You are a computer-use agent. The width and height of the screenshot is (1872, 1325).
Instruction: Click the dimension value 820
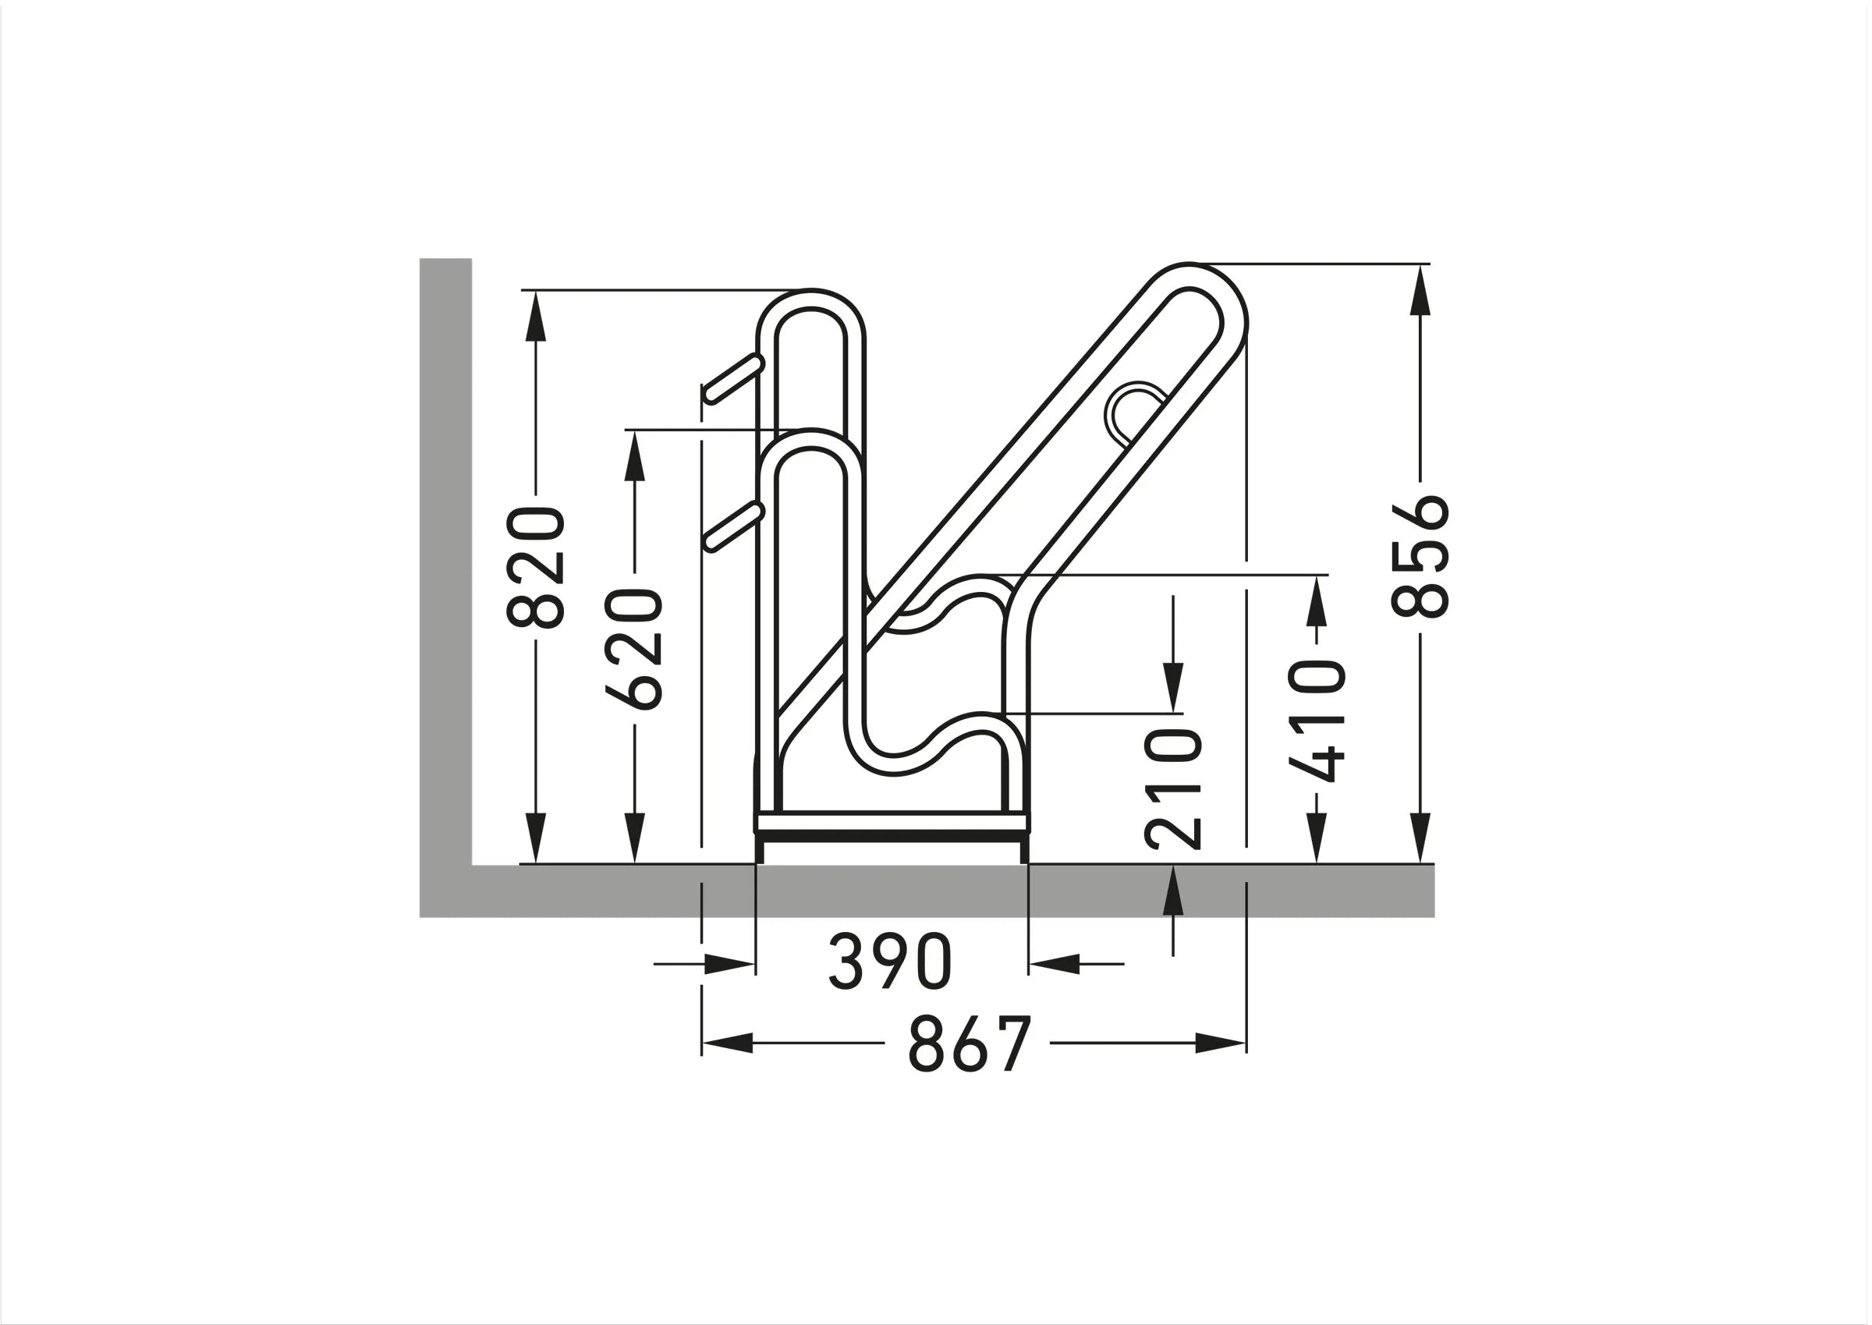pyautogui.click(x=535, y=568)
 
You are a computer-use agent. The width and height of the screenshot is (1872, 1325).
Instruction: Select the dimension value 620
pyautogui.click(x=634, y=649)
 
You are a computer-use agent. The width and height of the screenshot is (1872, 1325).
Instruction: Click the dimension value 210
pyautogui.click(x=1172, y=788)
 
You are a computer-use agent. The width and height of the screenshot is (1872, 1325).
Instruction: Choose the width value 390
pyautogui.click(x=890, y=962)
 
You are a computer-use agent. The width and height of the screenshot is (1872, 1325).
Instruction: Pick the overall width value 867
pyautogui.click(x=970, y=1043)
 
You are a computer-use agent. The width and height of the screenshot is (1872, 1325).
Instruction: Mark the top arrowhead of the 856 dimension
pyautogui.click(x=1420, y=289)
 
